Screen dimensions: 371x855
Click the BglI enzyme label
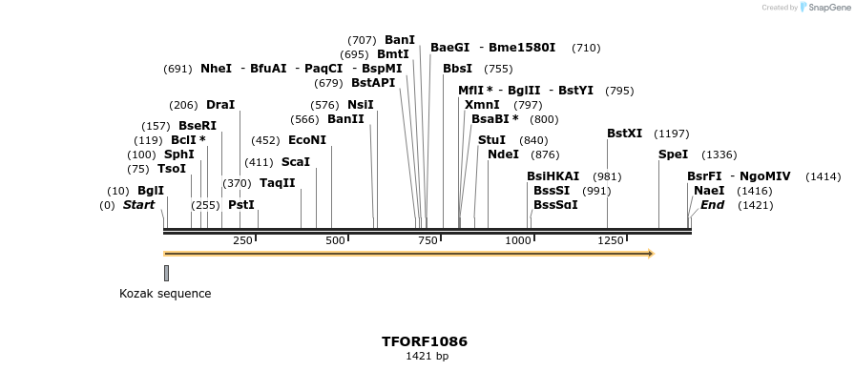151,191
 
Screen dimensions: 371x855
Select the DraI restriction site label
219,105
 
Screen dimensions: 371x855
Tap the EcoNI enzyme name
306,140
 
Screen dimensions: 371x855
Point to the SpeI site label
673,155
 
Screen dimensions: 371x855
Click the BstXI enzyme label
625,134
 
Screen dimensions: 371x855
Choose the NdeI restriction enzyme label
503,155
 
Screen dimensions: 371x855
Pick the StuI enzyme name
491,140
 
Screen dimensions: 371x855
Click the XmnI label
482,105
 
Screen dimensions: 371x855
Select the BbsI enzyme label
457,69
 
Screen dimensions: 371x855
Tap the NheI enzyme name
216,69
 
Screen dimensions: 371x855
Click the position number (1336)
719,155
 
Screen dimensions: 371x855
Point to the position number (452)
265,140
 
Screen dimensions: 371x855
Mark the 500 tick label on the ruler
335,241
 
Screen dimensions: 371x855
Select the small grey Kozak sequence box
166,273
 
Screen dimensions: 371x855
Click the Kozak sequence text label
165,294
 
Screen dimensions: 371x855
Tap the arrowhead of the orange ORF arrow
651,254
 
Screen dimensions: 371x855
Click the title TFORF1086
425,341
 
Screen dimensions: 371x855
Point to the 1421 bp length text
427,357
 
